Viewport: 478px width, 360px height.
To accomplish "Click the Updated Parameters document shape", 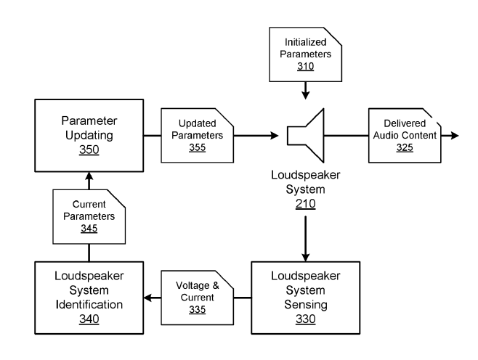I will click(197, 134).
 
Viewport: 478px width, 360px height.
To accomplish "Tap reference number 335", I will click(197, 309).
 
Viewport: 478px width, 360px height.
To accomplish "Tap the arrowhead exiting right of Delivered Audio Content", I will click(455, 136).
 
